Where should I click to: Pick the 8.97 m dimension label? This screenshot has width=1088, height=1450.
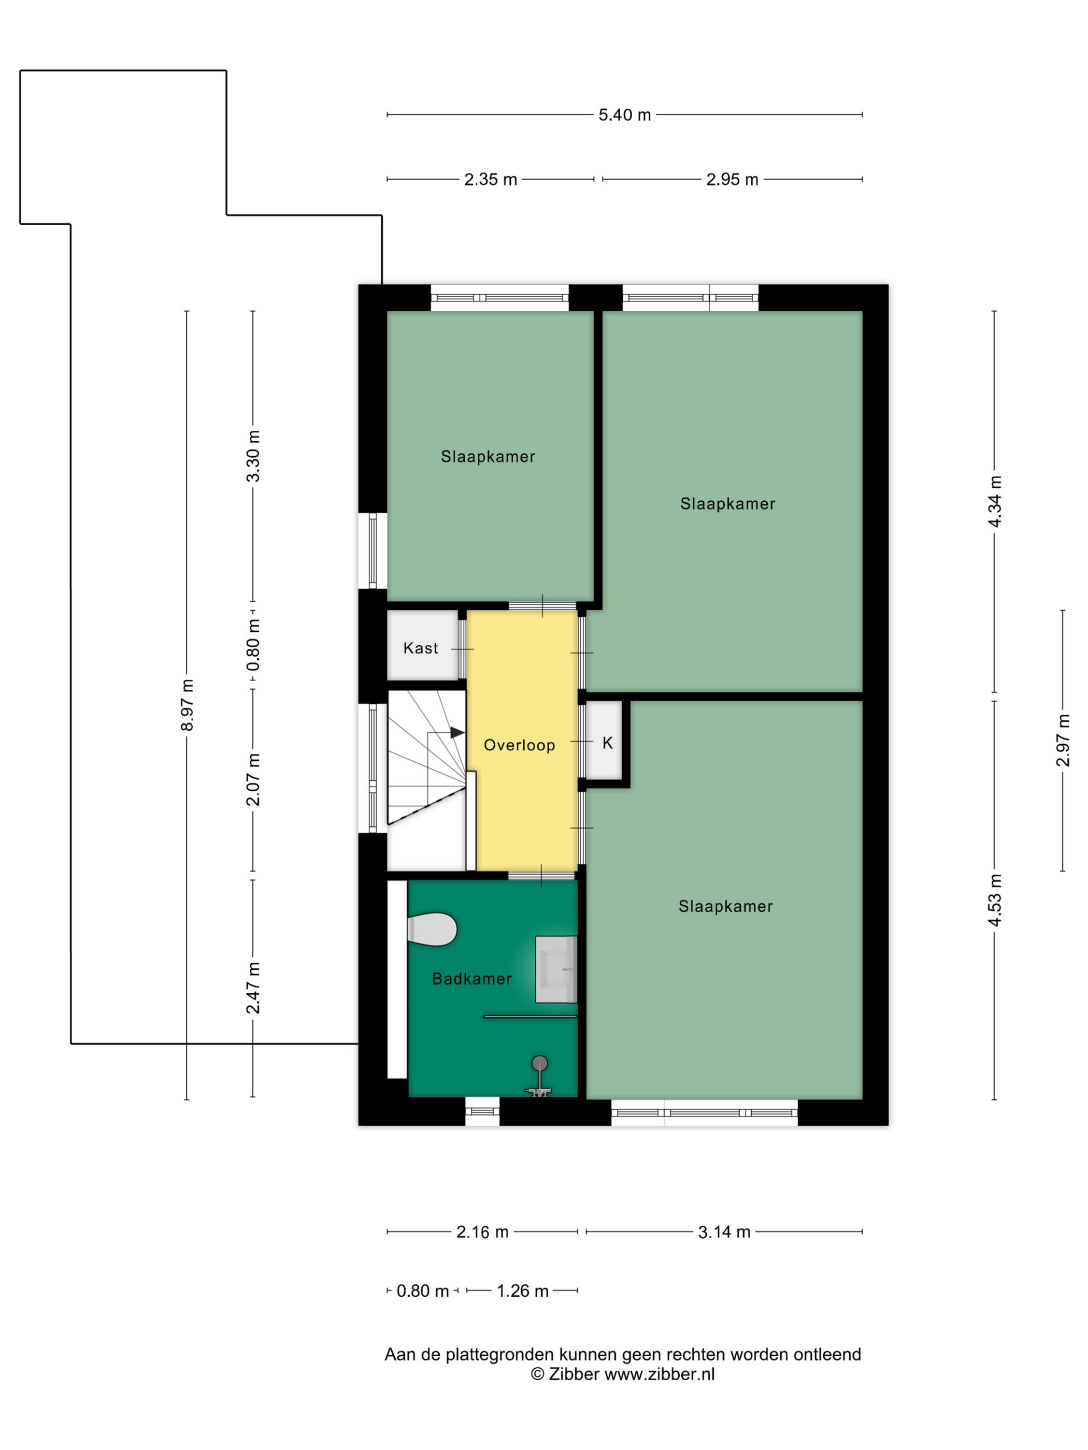pos(188,705)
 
